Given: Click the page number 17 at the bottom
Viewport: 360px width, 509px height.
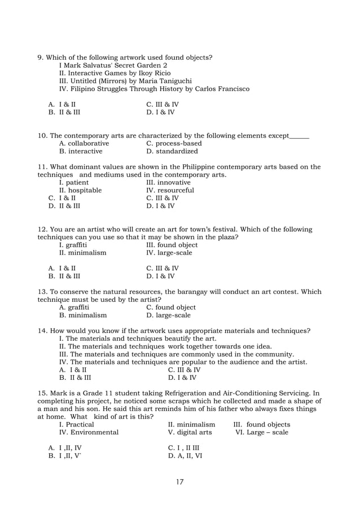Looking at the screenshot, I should pyautogui.click(x=180, y=481).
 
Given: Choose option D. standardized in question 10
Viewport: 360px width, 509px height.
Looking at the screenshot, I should pyautogui.click(x=172, y=151).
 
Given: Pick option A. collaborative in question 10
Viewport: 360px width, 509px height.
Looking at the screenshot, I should pyautogui.click(x=84, y=143).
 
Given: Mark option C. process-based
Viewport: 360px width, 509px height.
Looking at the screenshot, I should pyautogui.click(x=174, y=143).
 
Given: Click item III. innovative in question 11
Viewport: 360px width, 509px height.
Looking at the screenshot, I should pyautogui.click(x=168, y=182).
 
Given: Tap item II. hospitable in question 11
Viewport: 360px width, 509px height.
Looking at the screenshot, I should pyautogui.click(x=80, y=190).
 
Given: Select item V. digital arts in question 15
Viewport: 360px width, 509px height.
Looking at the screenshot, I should pyautogui.click(x=190, y=432).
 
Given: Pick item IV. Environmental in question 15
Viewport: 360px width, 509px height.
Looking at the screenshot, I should pyautogui.click(x=89, y=432).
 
